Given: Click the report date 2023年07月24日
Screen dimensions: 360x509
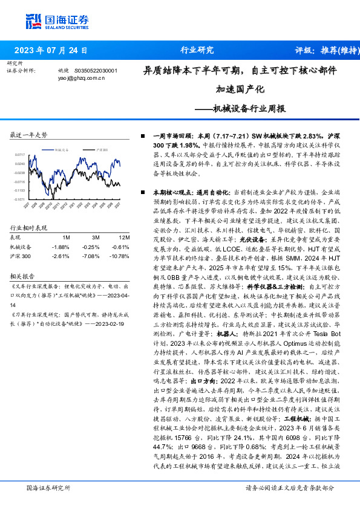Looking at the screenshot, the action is coord(51,50).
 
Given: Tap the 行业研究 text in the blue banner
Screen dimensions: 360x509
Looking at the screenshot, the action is coord(197,50).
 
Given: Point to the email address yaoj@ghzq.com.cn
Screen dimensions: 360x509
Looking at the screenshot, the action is coord(81,78).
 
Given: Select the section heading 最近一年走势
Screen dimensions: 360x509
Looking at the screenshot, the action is coord(28,135).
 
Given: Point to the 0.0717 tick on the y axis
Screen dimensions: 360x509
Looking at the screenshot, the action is coord(19,155).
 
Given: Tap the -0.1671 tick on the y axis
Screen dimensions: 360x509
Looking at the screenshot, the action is coord(19,199).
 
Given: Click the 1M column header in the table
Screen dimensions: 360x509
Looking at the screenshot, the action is coord(67,237).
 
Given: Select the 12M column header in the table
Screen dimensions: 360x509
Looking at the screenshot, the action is coord(125,237).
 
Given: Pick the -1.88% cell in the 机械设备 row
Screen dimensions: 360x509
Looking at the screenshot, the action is coord(61,247).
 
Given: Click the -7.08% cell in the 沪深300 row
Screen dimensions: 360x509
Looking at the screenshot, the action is coord(92,256).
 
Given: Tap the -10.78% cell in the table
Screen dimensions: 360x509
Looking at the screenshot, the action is coord(121,256).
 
